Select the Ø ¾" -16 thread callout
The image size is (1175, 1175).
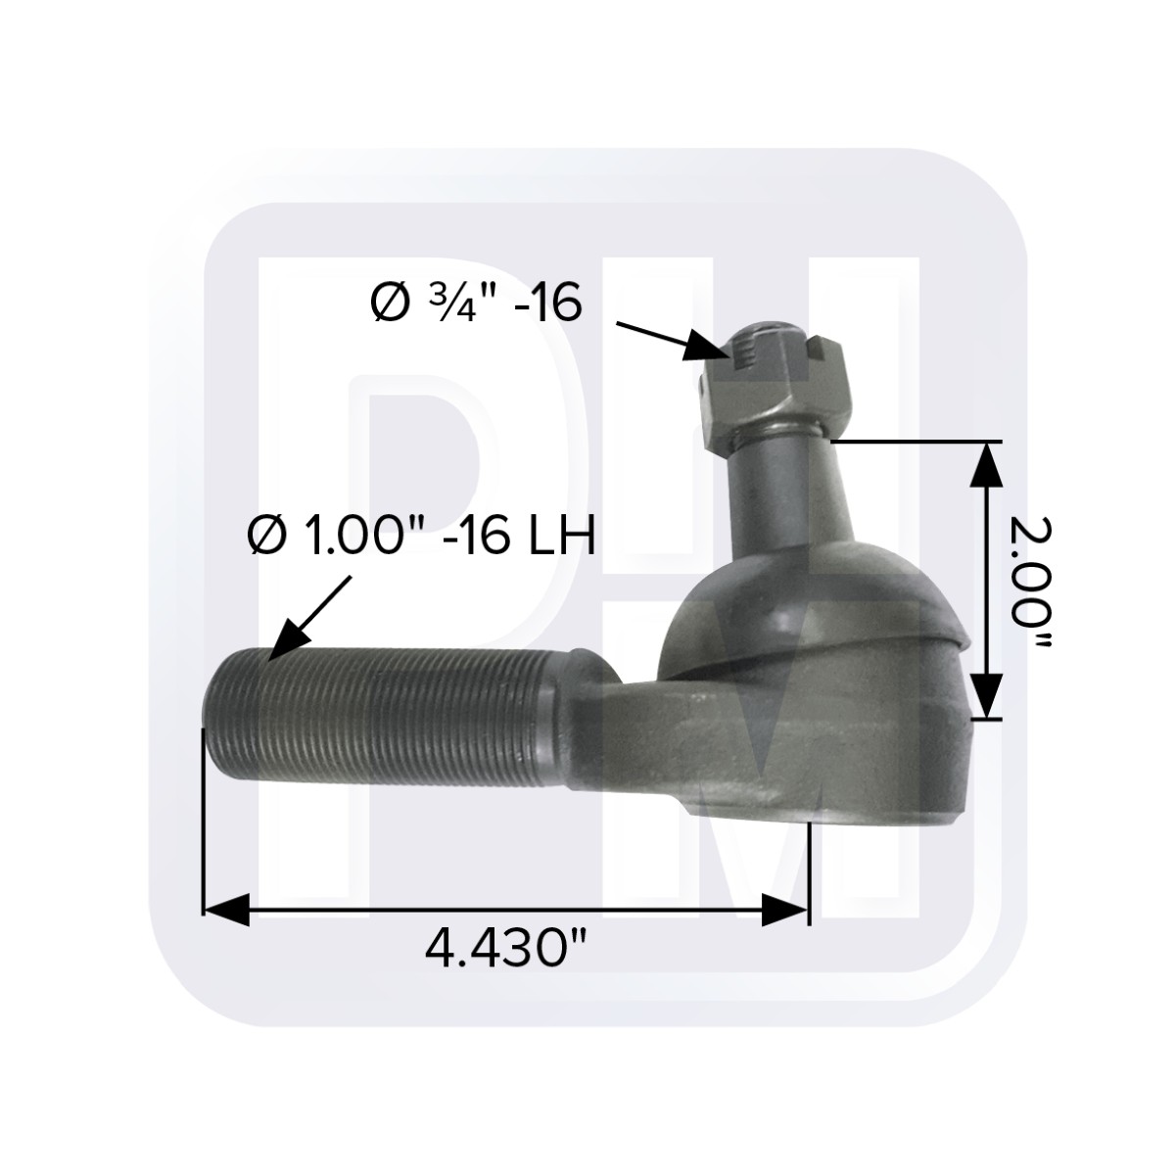pos(477,305)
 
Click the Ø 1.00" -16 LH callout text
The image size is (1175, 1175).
pos(421,536)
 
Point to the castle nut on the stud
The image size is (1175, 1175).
pos(774,392)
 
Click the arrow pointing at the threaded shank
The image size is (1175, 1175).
pos(308,617)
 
